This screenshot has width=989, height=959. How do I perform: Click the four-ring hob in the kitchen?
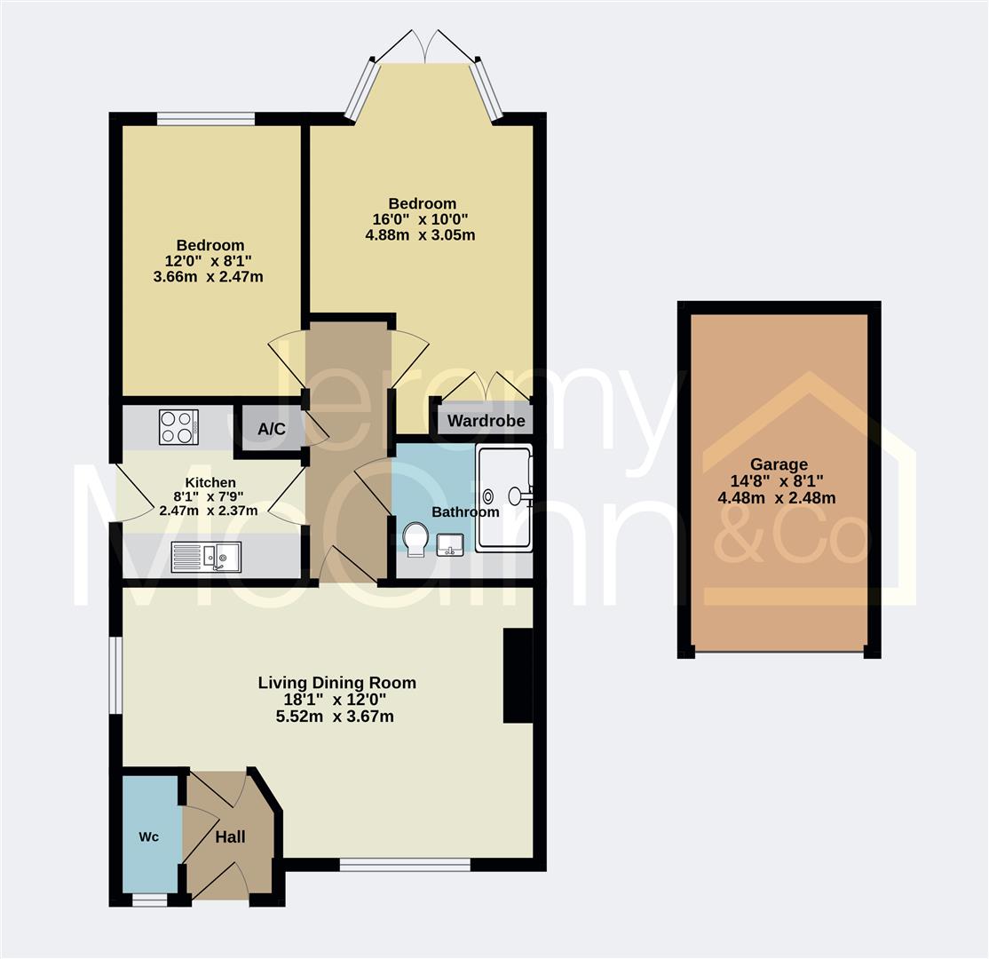[178, 426]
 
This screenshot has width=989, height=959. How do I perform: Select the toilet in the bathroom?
[415, 539]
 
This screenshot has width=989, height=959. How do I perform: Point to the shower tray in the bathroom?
[503, 497]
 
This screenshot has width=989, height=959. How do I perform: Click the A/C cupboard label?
[272, 430]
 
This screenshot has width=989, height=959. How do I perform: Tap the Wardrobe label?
[486, 421]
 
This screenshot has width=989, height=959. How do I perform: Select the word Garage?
[779, 464]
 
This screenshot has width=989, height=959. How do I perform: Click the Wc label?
[149, 836]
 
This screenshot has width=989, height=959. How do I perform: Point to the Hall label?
[230, 836]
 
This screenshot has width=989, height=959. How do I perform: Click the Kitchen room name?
[210, 482]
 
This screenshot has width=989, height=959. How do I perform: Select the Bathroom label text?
[465, 511]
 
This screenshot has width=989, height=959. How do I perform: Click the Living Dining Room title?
[336, 683]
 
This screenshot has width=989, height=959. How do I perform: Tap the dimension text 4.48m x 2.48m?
[776, 497]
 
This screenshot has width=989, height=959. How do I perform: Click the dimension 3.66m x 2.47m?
[209, 276]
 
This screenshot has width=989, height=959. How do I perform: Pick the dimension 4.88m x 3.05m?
[421, 235]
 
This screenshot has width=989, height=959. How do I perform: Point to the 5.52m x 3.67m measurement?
[336, 716]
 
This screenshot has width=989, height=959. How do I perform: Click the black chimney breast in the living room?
[518, 676]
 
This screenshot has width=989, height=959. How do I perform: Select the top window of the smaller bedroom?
[206, 118]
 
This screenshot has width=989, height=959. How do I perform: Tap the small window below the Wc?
[149, 900]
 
